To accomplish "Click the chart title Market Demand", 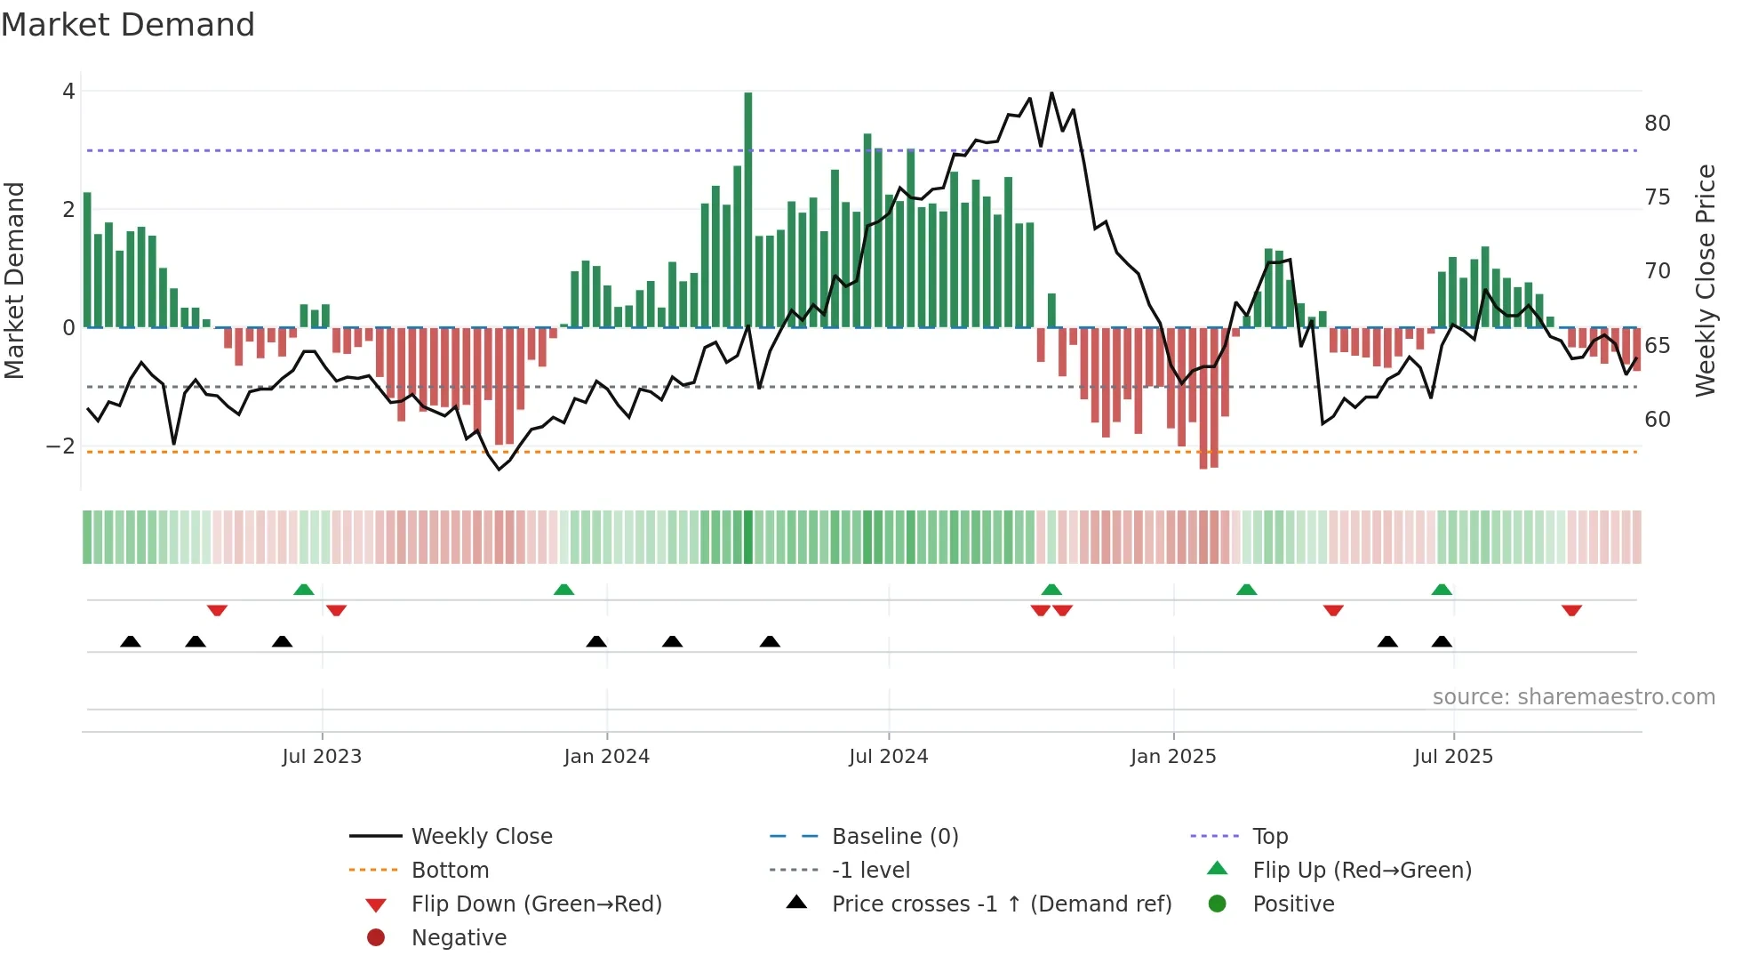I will point(128,25).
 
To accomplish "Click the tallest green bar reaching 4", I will point(748,209).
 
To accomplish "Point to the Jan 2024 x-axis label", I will point(606,757).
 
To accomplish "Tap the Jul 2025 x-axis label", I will point(1453,757).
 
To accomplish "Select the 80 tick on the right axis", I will point(1657,124).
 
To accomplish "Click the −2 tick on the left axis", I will point(61,446).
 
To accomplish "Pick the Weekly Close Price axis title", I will point(1705,280).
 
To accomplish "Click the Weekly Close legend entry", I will point(481,837).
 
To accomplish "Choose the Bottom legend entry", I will point(450,871).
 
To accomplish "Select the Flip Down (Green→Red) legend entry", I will point(536,904).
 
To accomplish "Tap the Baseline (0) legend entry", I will point(894,837).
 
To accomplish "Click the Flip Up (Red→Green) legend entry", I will point(1362,871).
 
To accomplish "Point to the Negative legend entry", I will point(459,938).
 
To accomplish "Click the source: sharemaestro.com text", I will point(1573,697).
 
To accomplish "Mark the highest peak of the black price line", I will point(1051,92).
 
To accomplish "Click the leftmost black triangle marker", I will point(131,641).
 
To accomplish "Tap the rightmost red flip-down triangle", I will point(1571,610).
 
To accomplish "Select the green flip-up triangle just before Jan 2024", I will point(563,590).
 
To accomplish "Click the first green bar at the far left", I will point(87,260).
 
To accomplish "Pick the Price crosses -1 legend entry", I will point(1001,904).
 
